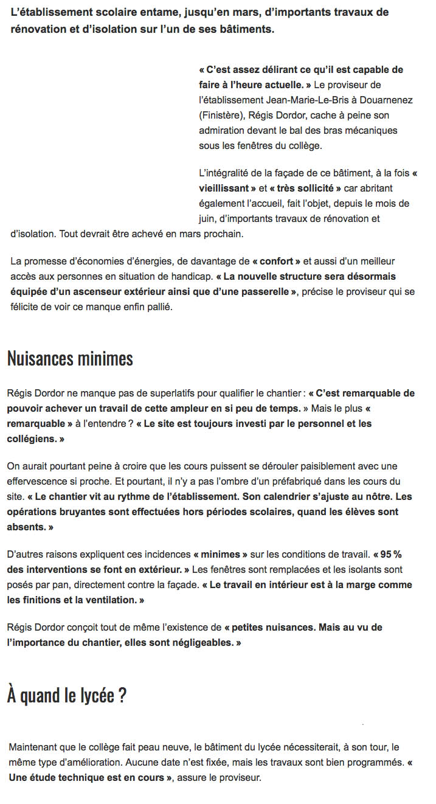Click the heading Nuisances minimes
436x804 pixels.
tap(70, 358)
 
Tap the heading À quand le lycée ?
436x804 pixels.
tap(67, 695)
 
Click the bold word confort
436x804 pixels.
tap(280, 261)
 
